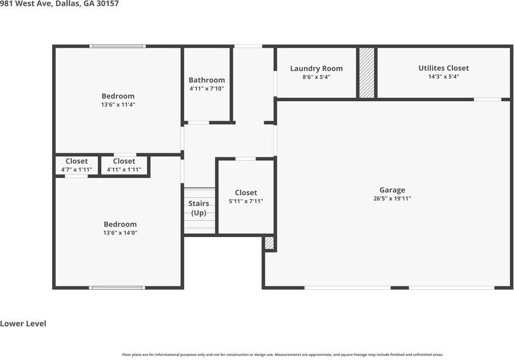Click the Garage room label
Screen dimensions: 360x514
pos(392,190)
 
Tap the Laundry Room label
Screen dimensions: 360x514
pos(316,68)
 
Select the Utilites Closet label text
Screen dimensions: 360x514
pos(443,68)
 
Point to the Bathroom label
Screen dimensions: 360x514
pos(206,80)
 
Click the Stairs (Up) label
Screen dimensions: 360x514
pos(199,208)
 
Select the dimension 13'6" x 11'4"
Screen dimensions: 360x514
pos(118,105)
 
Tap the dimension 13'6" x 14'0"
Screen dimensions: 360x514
pos(120,232)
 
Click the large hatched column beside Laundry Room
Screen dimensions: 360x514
pos(366,73)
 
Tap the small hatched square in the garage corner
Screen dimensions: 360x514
pos(269,243)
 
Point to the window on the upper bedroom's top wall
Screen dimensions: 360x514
pos(117,46)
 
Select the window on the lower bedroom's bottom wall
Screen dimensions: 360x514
pos(117,287)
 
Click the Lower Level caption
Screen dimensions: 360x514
pos(23,324)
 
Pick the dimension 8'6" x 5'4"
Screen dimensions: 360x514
pos(316,77)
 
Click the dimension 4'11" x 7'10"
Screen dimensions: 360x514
pos(206,88)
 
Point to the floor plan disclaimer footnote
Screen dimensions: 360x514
pos(282,354)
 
